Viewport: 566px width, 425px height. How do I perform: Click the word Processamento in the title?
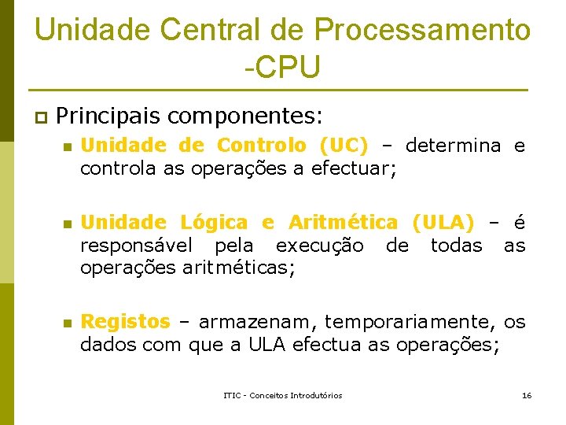pyautogui.click(x=422, y=30)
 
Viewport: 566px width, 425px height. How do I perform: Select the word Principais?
pyautogui.click(x=108, y=116)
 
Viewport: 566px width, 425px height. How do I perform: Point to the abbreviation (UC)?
pyautogui.click(x=344, y=146)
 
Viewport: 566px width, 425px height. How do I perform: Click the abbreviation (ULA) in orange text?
pyautogui.click(x=443, y=224)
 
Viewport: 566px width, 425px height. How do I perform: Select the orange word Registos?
pyautogui.click(x=125, y=322)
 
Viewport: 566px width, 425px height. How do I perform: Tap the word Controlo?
pyautogui.click(x=261, y=146)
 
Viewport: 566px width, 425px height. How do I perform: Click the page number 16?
pyautogui.click(x=527, y=395)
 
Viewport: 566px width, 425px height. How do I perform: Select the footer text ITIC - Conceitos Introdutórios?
pyautogui.click(x=283, y=395)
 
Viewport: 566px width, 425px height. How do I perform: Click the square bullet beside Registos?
pyautogui.click(x=68, y=323)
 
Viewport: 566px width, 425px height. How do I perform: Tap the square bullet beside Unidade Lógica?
pyautogui.click(x=68, y=224)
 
